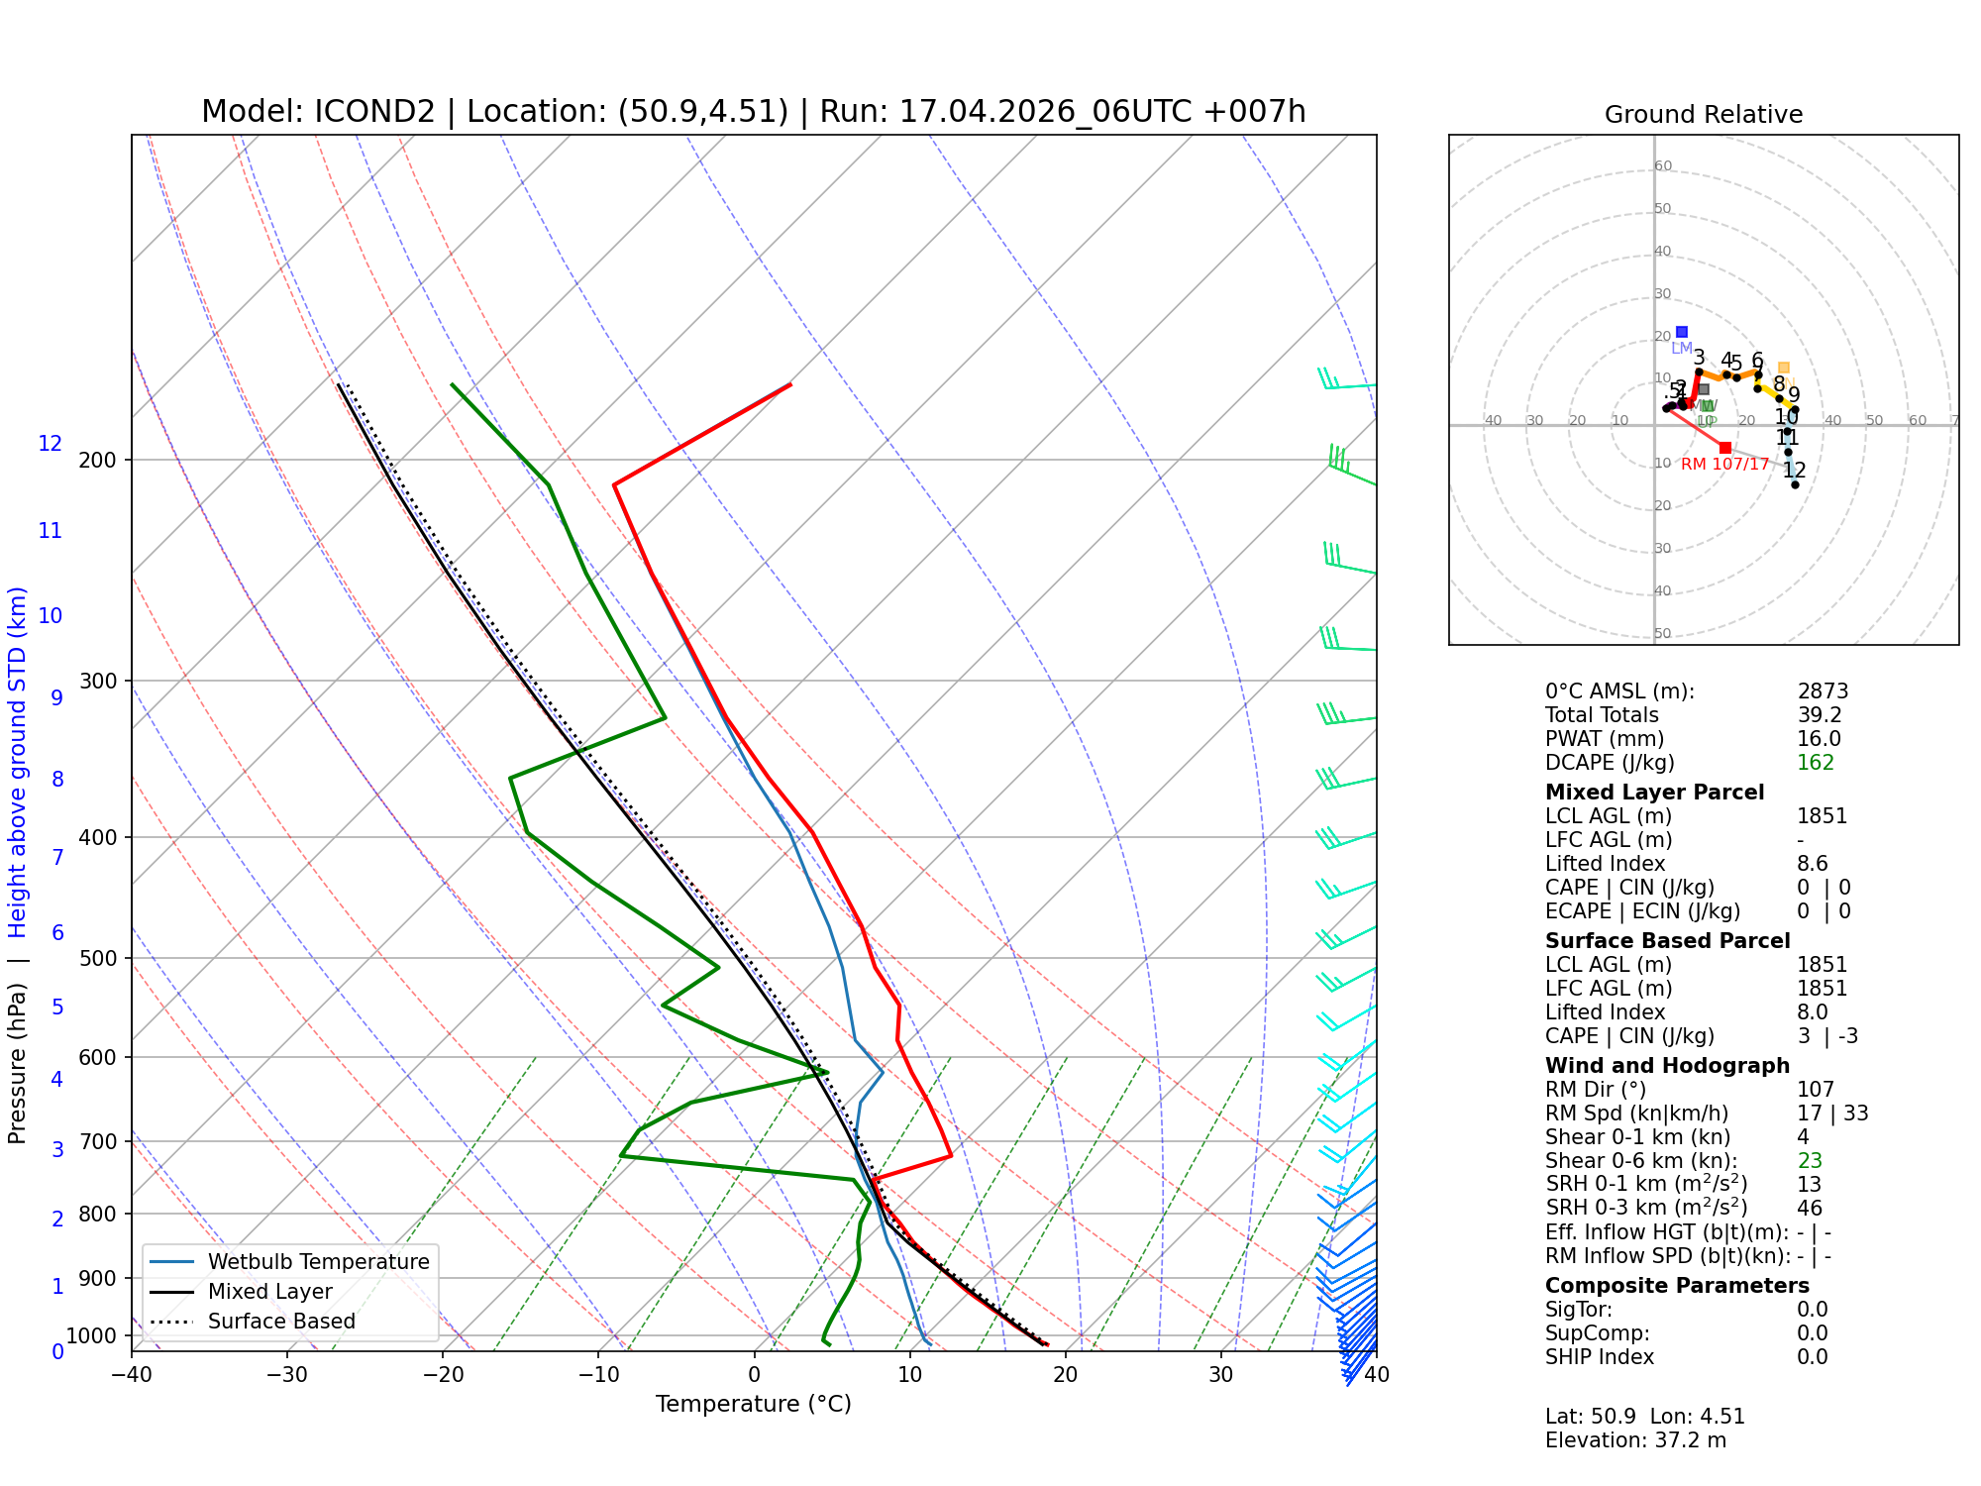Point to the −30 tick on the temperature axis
(287, 1375)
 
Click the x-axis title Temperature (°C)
(753, 1404)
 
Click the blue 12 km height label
(51, 444)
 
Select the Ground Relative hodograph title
(1703, 115)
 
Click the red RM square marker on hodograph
(1725, 448)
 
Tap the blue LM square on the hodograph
(1682, 332)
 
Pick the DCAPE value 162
(1816, 763)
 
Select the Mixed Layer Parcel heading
(1654, 793)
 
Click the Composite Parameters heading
(1677, 1286)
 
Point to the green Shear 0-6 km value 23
(1810, 1161)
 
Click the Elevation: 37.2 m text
(1635, 1440)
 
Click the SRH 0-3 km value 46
(1810, 1209)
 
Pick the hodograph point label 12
(1794, 471)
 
